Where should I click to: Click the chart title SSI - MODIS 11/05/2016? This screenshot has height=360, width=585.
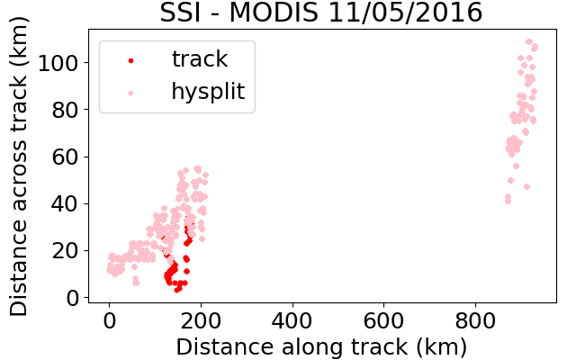tap(321, 13)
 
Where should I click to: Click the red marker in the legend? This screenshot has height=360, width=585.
tap(131, 60)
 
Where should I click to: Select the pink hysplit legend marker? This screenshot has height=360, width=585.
tap(131, 93)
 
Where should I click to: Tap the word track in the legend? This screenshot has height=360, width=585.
tap(200, 58)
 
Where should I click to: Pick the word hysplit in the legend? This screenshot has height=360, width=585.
tap(208, 92)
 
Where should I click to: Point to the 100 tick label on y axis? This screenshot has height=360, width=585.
tap(58, 63)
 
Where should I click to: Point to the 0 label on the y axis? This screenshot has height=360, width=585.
tap(72, 298)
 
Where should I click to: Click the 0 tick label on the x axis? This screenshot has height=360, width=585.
tap(109, 320)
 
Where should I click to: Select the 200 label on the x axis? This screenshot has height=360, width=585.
tap(201, 320)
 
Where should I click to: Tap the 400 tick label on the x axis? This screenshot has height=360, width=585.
tap(292, 320)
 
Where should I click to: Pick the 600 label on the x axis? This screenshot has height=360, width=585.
tap(383, 320)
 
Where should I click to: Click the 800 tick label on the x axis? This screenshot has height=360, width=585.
tap(475, 320)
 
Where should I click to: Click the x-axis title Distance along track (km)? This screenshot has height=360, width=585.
tap(321, 347)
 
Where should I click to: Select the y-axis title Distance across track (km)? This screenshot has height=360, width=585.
tap(19, 166)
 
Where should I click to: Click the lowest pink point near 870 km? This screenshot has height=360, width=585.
tap(508, 202)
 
